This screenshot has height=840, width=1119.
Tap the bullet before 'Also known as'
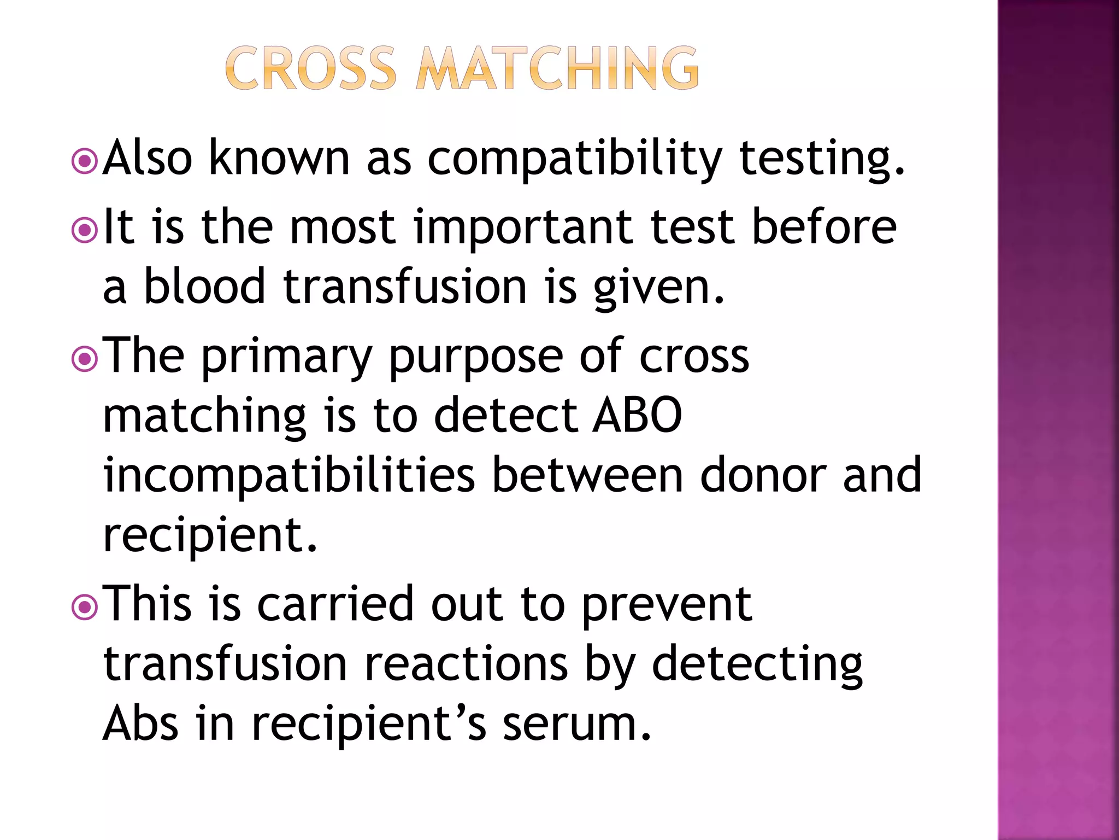(x=85, y=161)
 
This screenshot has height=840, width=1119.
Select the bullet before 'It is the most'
(x=85, y=231)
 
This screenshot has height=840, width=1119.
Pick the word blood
(x=205, y=287)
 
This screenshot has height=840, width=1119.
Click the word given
(x=659, y=287)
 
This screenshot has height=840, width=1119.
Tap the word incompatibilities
(x=290, y=476)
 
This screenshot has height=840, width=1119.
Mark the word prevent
(x=667, y=606)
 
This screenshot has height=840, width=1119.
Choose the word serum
(x=577, y=724)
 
